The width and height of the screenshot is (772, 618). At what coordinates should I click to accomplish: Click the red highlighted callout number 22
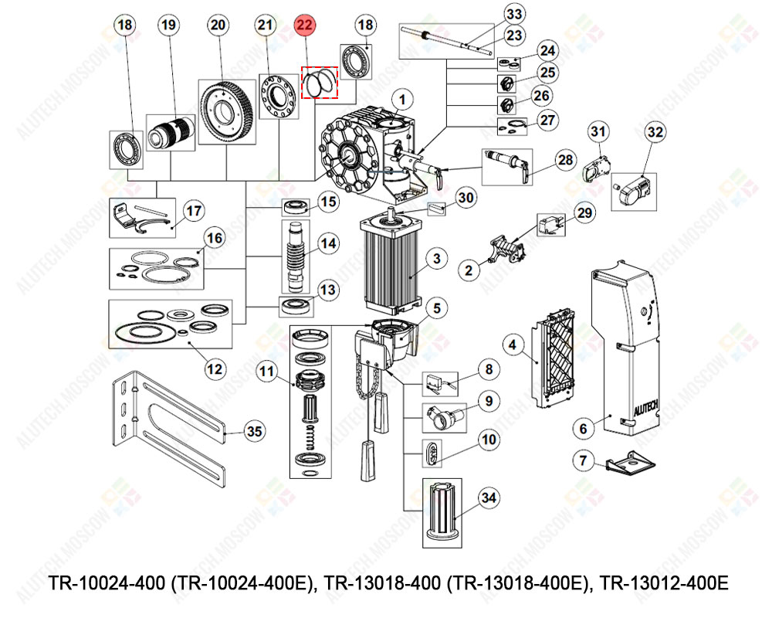click(x=305, y=25)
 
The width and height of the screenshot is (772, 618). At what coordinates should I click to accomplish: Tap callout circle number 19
click(x=169, y=25)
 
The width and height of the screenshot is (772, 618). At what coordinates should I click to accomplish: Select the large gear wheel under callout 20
click(x=226, y=112)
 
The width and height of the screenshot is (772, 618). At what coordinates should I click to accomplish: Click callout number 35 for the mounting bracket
click(x=254, y=430)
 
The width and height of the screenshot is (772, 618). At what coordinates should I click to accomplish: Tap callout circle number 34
click(x=489, y=497)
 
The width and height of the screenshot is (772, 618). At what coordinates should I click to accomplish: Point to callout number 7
click(x=584, y=461)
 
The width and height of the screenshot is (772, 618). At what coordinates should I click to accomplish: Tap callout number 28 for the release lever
click(x=566, y=160)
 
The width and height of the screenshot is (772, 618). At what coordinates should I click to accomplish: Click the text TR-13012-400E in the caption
click(x=664, y=582)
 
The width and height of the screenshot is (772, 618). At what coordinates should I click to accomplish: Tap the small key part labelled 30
click(x=438, y=207)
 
